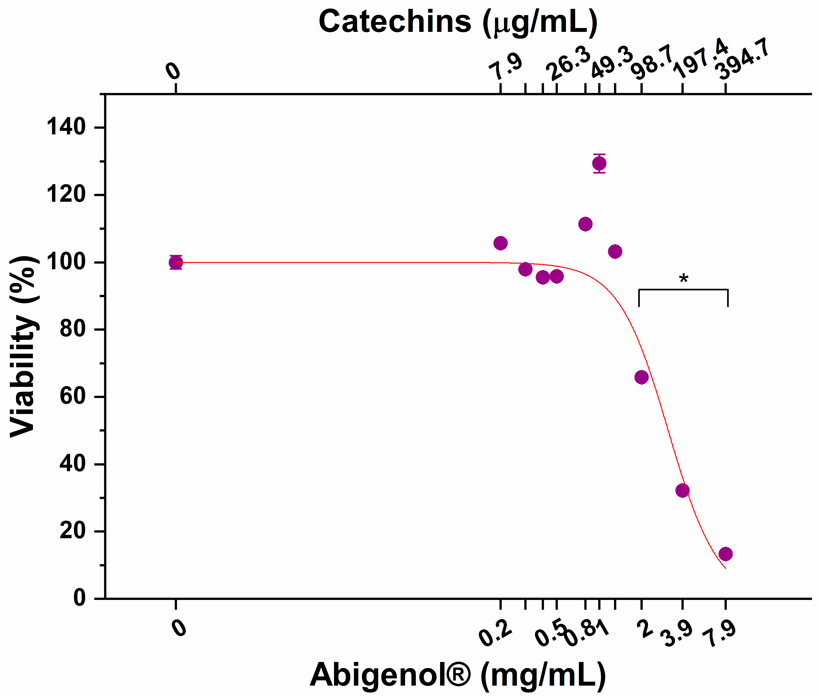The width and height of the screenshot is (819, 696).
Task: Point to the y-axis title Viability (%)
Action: pos(24,346)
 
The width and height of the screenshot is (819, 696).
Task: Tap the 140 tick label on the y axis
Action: pos(66,128)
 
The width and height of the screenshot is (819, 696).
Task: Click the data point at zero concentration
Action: pos(176,262)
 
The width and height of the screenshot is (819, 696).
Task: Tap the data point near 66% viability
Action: pos(642,377)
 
